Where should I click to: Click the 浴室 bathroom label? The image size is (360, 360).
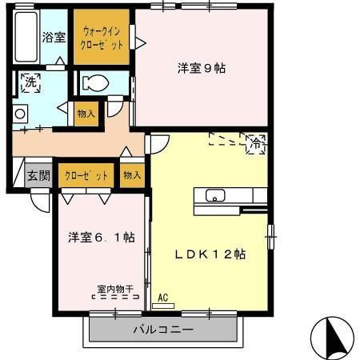pos(54,37)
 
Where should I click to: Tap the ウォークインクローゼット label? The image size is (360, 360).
pos(102,38)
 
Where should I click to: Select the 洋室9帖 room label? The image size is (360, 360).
pos(201,68)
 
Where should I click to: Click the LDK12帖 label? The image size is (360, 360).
pos(210,254)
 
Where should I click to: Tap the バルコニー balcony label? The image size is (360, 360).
pos(162,330)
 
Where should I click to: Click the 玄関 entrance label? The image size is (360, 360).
pos(38,176)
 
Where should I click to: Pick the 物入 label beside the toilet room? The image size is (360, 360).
pos(86,114)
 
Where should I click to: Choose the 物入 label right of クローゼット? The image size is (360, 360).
pos(132,175)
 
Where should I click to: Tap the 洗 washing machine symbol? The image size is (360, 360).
pos(30,82)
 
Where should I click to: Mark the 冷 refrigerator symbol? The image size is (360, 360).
pos(256,144)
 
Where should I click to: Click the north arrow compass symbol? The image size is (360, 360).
pos(331,337)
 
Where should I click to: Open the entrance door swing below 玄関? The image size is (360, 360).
pos(39,201)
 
